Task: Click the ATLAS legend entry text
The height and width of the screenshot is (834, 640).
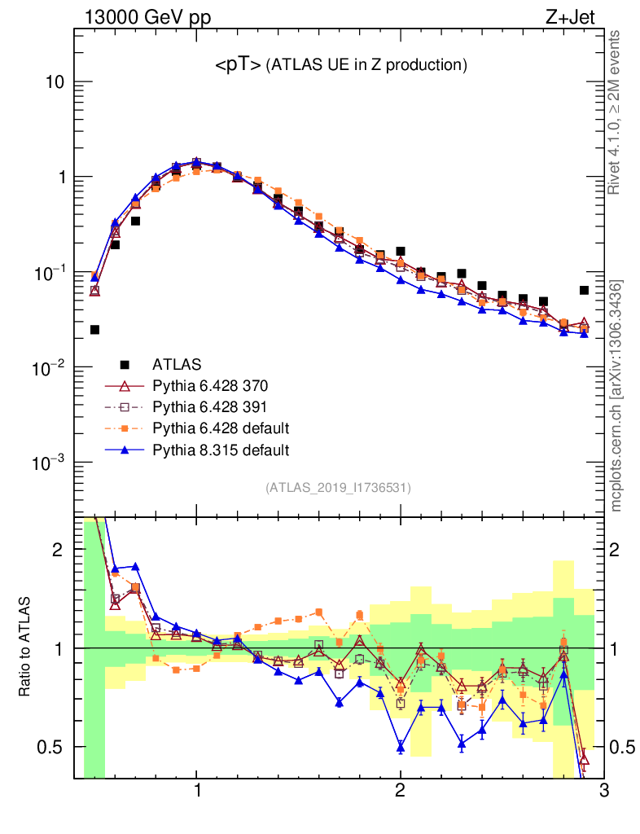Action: point(176,364)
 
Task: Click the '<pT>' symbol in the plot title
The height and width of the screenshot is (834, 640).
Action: point(238,66)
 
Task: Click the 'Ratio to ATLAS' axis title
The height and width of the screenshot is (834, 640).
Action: point(27,648)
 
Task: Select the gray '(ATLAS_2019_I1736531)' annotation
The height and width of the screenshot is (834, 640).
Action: point(338,488)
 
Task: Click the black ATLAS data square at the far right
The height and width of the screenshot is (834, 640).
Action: point(584,290)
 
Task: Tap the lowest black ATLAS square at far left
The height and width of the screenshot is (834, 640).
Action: point(94,330)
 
